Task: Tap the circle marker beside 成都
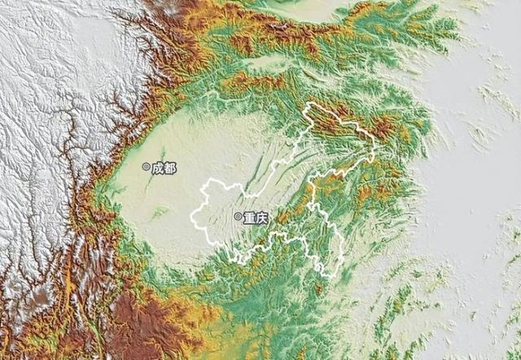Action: (147, 167)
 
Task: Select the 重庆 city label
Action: (256, 217)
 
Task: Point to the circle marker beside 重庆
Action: (238, 217)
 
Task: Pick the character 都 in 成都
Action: (169, 167)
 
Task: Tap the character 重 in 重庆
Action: (249, 217)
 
